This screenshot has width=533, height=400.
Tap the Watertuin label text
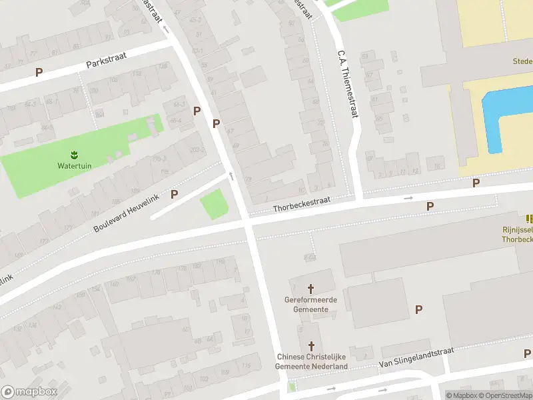point(74,165)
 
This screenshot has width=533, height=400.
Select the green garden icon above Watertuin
point(74,155)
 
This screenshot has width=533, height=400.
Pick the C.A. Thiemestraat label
point(348,83)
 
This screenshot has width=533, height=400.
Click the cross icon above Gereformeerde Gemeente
point(310,289)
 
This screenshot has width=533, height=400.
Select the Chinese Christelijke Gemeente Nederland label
point(312,361)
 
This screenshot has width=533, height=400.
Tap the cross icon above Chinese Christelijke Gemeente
point(311,345)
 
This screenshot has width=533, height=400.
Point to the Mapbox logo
point(29,392)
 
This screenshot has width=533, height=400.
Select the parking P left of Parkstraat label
point(39,72)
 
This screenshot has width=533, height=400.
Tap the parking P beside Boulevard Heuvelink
point(175,194)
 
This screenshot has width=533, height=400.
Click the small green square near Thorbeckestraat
point(213,204)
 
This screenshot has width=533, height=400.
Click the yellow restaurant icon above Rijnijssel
point(530,219)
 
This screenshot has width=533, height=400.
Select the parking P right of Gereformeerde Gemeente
point(419,309)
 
